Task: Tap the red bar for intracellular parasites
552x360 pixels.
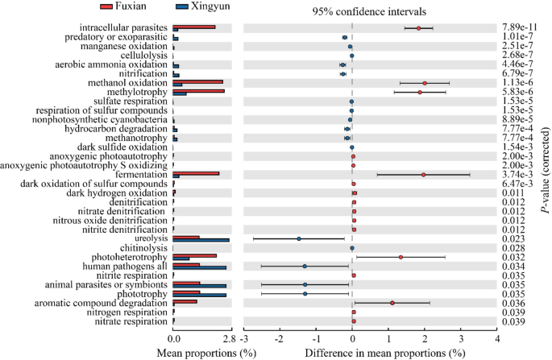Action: (x=194, y=27)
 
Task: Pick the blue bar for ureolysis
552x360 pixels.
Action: (x=201, y=240)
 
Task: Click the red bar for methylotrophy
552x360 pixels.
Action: (x=198, y=91)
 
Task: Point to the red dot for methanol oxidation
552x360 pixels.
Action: (x=425, y=83)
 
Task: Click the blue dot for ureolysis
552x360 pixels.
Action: (x=299, y=238)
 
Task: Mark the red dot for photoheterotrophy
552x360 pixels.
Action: (x=401, y=257)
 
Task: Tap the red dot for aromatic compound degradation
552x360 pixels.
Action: (x=392, y=303)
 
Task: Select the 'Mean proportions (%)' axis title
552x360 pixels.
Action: (x=202, y=353)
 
